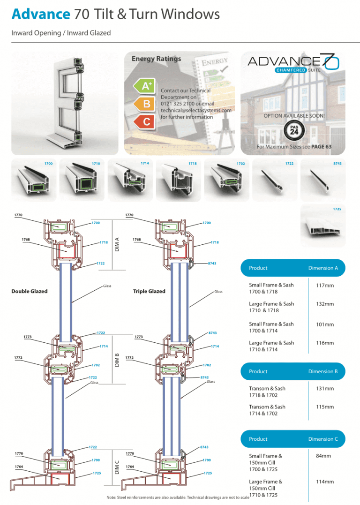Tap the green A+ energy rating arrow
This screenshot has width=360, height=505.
pyautogui.click(x=144, y=86)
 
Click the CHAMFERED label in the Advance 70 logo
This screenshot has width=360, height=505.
pyautogui.click(x=291, y=70)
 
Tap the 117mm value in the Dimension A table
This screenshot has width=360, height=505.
pyautogui.click(x=325, y=285)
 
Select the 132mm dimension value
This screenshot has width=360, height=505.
pyautogui.click(x=325, y=304)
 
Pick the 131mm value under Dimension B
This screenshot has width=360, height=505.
pyautogui.click(x=325, y=388)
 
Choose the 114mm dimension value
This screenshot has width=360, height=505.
pyautogui.click(x=325, y=482)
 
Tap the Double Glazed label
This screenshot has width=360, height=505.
pyautogui.click(x=30, y=291)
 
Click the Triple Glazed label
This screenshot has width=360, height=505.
pyautogui.click(x=149, y=291)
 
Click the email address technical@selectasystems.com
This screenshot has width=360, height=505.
pyautogui.click(x=196, y=111)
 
